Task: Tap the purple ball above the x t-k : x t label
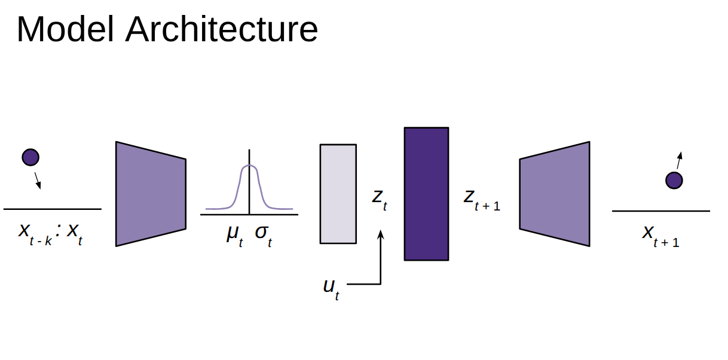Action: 30,157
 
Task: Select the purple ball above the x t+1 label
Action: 674,180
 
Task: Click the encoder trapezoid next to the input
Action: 151,194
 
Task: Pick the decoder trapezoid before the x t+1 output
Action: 555,194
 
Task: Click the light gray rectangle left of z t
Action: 338,194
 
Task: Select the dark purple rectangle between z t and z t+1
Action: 426,194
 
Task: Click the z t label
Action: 380,199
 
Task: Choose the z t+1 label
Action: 482,199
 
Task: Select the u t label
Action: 331,288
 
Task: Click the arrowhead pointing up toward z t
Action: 380,233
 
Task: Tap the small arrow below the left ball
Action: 38,181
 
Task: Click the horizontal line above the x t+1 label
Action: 661,211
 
